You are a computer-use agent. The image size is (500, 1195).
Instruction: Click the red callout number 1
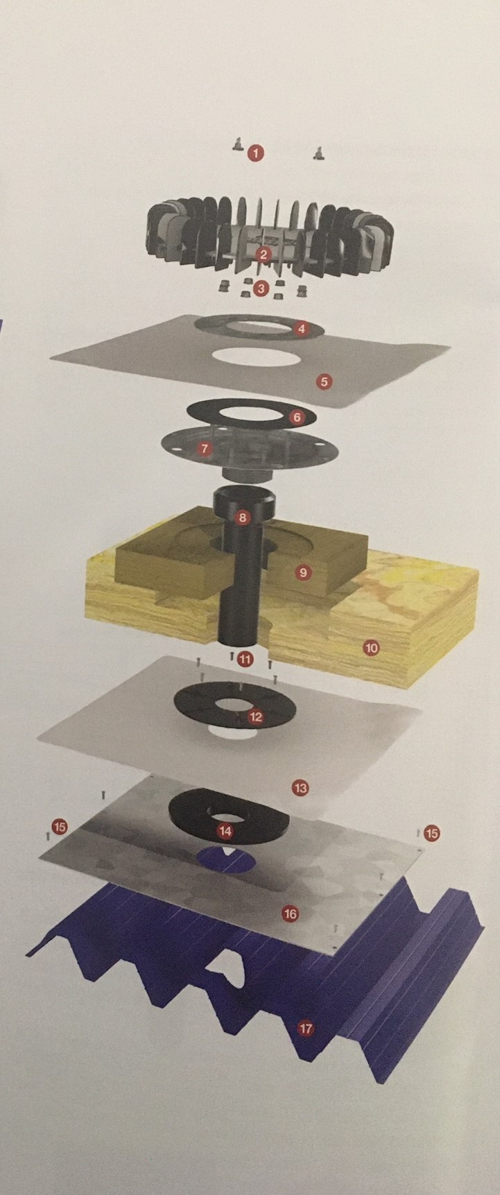257,153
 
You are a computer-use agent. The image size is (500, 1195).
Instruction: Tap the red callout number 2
262,255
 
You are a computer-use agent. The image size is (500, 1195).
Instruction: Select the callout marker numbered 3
261,289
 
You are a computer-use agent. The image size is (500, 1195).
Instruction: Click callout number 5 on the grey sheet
323,381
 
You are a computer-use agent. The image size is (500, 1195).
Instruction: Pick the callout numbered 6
297,418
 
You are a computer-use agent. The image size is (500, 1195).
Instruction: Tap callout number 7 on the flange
204,449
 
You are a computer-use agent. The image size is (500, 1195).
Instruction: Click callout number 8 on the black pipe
242,517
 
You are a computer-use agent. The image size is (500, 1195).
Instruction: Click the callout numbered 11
245,659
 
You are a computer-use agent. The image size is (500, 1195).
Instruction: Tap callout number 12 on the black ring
256,716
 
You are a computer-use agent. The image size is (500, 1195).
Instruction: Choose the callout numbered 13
300,788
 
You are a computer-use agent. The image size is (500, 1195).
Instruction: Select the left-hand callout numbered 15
60,827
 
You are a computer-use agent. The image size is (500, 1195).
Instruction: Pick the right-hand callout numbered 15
432,833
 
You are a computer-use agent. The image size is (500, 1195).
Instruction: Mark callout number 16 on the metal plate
290,914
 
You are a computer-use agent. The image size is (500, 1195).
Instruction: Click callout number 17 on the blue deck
306,1029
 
